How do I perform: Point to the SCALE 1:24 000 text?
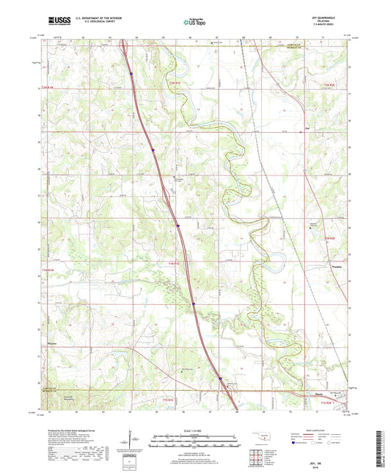click(x=195, y=430)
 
